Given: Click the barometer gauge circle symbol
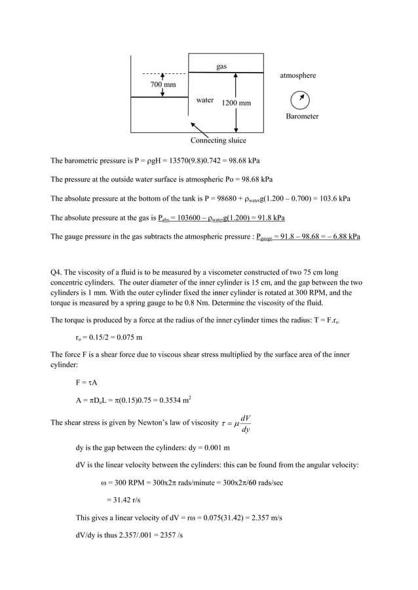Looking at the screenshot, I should click(x=300, y=99).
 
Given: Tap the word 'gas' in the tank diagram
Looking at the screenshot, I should click(x=221, y=67).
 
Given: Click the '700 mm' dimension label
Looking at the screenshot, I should click(x=162, y=85).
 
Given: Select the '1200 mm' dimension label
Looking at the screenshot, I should click(x=236, y=103).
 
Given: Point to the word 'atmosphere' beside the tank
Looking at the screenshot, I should click(x=297, y=76).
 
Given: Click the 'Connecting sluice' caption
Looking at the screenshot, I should click(x=218, y=141).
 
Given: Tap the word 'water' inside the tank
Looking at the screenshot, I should click(x=205, y=101).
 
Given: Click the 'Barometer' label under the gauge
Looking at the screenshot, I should click(x=302, y=116).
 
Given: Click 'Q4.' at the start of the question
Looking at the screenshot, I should click(x=58, y=273).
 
